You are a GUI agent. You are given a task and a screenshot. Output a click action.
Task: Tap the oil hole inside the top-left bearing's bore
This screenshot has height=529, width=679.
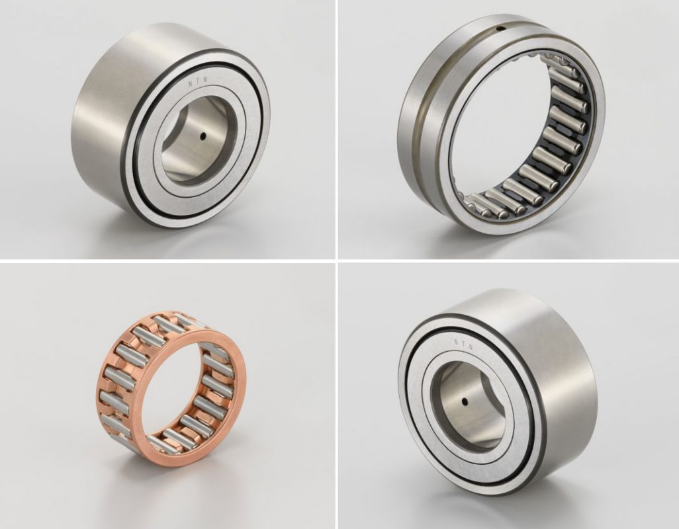[203, 136]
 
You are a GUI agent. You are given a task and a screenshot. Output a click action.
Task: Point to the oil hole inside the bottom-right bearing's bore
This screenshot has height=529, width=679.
[465, 402]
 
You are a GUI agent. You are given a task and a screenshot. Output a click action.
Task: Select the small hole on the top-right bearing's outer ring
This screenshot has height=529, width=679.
[500, 29]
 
